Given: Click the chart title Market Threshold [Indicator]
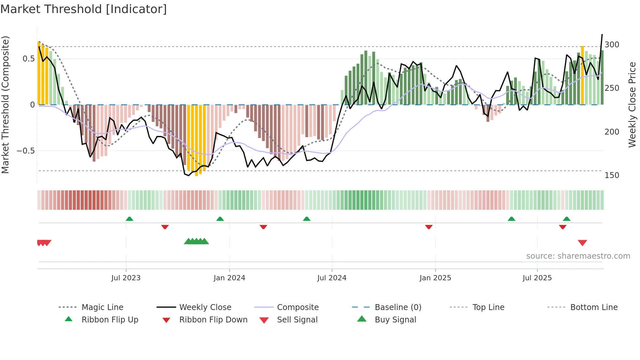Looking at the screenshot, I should (x=84, y=9).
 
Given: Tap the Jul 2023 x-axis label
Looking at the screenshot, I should (x=126, y=278).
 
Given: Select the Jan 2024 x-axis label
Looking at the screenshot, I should (x=229, y=278).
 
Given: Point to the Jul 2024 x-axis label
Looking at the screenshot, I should (x=332, y=278).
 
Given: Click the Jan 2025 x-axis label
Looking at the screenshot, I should (x=435, y=278).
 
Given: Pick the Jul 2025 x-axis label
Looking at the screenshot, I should (x=537, y=278).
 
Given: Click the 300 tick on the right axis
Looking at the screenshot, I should (x=612, y=45).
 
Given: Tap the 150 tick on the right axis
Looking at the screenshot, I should (x=612, y=175).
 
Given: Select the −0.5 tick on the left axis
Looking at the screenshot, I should (x=26, y=151).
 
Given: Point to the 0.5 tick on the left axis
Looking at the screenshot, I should (x=28, y=59).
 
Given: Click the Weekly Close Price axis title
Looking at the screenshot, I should (x=632, y=105).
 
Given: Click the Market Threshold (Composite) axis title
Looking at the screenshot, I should (x=5, y=105).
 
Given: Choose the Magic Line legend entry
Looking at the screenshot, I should (x=102, y=307).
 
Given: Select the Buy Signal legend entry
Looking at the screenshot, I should (x=395, y=320).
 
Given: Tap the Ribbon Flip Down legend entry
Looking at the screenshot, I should (x=213, y=320).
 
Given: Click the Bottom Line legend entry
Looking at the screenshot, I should (x=594, y=307).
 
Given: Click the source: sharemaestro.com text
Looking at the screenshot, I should (x=578, y=256).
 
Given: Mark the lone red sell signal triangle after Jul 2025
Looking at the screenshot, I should (x=583, y=243).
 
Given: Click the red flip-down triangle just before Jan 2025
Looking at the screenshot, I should (x=429, y=227).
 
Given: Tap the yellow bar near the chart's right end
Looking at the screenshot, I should (x=583, y=75).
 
